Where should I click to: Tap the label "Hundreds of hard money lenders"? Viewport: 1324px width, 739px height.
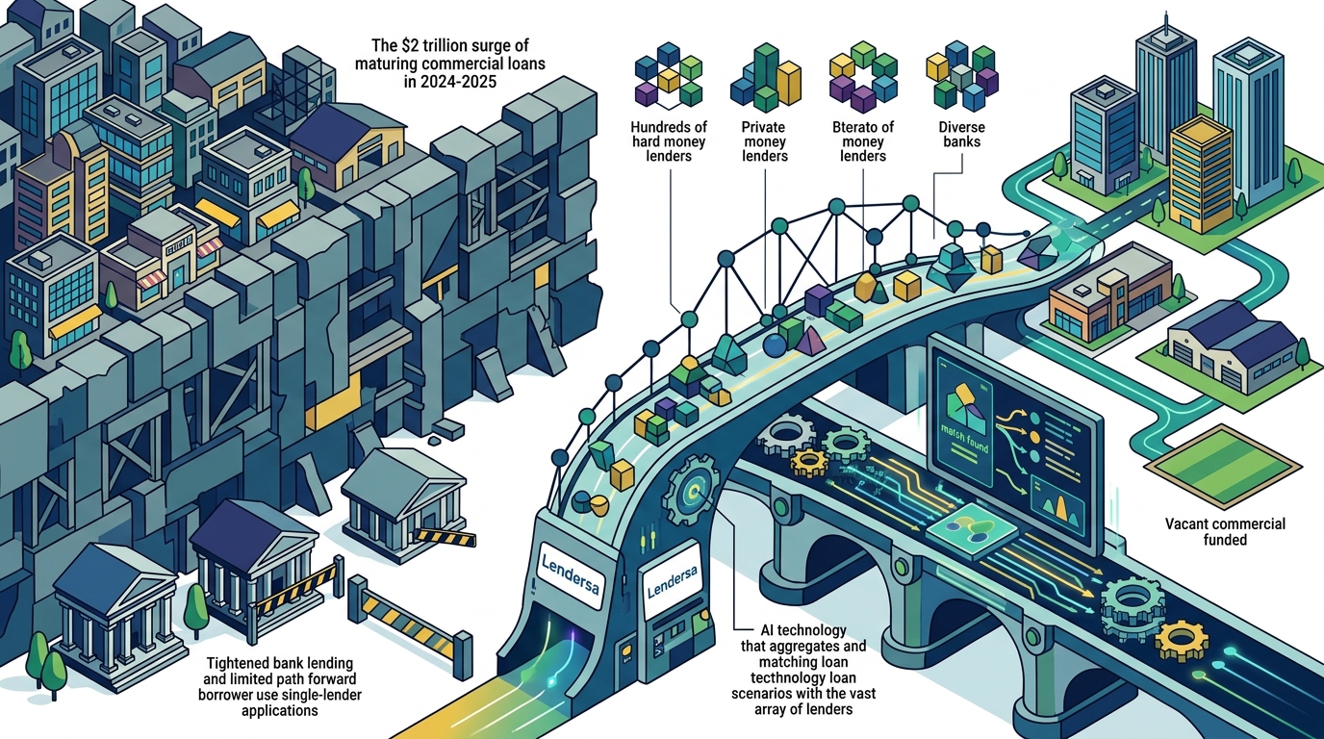tap(669, 141)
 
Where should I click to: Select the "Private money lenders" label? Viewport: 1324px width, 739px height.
tap(765, 141)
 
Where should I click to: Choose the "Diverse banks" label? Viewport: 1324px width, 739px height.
tap(961, 134)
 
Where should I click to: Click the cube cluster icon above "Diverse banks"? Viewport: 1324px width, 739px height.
tap(961, 75)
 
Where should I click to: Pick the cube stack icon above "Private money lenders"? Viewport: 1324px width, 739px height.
tap(766, 77)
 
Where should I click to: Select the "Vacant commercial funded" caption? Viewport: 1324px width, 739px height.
tap(1225, 531)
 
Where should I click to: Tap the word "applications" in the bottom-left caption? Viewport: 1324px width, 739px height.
tap(280, 710)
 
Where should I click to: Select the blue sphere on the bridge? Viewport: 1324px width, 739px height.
tap(775, 345)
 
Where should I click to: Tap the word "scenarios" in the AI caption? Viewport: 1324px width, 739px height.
tap(761, 693)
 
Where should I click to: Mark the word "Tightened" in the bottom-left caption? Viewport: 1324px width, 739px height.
tap(239, 663)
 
